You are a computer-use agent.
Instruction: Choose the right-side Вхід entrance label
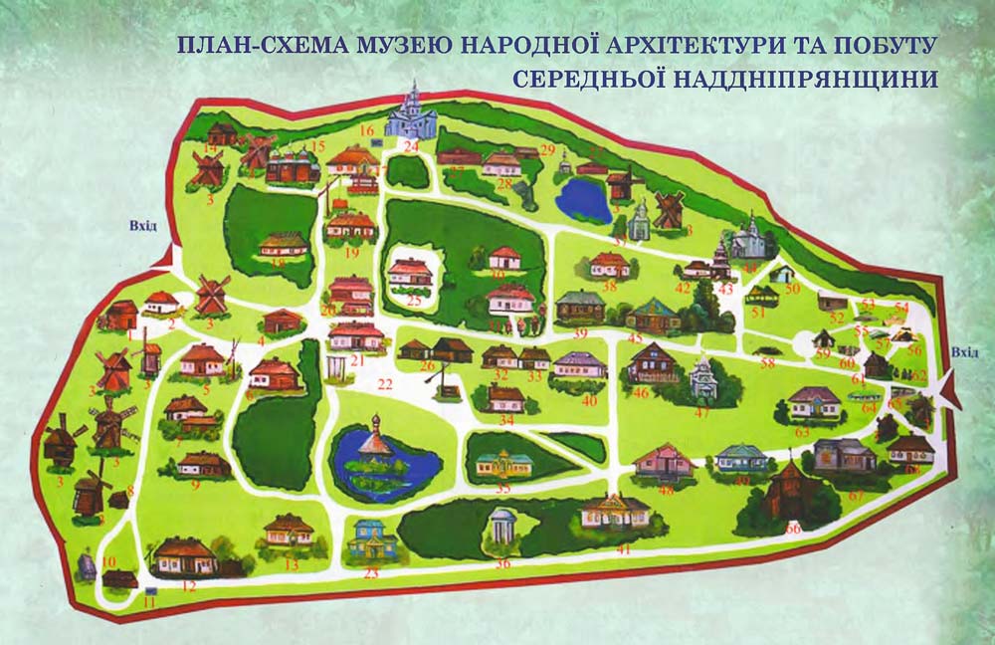pos(964,351)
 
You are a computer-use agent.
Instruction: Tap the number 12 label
pos(188,587)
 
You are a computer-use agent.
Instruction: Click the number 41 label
pos(624,548)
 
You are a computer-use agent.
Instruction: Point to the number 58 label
pos(767,363)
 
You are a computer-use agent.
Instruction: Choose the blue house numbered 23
pos(372,539)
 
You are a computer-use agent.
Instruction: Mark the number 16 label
pos(366,129)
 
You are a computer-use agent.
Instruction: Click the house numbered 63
pos(815,402)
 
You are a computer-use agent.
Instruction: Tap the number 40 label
pos(589,400)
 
